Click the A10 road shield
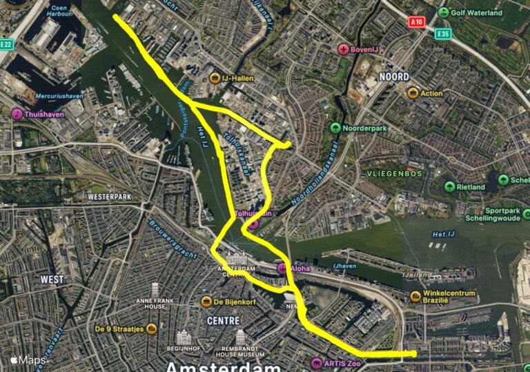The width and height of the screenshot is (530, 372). coord(415,21)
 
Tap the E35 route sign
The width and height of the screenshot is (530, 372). coord(442,33)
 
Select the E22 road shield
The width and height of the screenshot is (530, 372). coord(6,44)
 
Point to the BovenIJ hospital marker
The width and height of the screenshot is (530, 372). coord(344,49)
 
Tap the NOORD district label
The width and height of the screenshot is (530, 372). coord(393,76)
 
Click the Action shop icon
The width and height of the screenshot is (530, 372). coord(413,93)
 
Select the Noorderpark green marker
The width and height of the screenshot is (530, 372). coord(335,128)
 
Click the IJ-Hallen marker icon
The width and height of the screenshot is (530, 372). coord(215,78)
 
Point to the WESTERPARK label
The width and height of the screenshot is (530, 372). coord(110,197)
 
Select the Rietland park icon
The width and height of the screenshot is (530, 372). coord(450,186)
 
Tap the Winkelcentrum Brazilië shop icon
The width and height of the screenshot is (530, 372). coord(415,297)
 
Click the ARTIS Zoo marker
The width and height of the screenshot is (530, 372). coord(316,363)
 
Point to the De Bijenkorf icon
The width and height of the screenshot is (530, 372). coord(206,302)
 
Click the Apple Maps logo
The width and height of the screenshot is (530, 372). coord(28,360)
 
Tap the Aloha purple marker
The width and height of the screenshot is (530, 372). coord(282,268)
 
